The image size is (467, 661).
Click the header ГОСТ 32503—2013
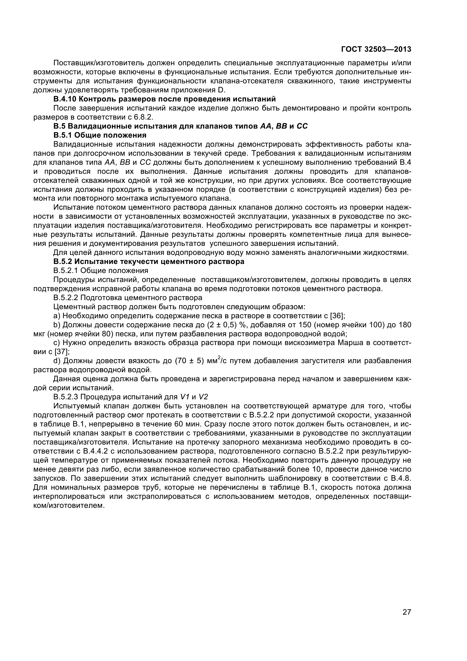click(376, 49)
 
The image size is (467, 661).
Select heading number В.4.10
click(65, 99)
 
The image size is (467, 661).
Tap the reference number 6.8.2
click(144, 117)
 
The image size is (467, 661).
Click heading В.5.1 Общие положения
click(100, 135)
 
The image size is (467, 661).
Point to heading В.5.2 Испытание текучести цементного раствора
click(149, 262)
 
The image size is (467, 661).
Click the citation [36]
click(337, 316)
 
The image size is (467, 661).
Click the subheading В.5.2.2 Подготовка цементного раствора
click(128, 298)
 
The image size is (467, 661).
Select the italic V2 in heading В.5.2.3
click(203, 397)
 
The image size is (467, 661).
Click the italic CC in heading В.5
click(302, 126)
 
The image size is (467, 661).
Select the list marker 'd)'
click(57, 361)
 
